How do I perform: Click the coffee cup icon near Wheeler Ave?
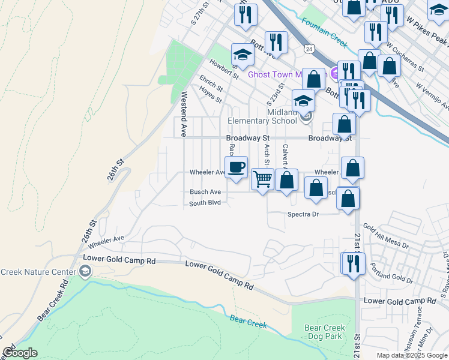click(237, 167)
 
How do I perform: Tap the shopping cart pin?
click(262, 178)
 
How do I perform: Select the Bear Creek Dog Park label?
click(325, 332)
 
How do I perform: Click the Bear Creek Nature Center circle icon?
click(86, 272)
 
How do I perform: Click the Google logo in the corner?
click(20, 353)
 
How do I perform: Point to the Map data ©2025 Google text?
click(411, 355)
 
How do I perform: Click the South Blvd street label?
click(205, 203)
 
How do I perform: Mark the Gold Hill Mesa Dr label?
click(385, 237)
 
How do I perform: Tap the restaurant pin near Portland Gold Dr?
click(353, 262)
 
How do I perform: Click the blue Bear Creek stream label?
click(249, 323)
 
